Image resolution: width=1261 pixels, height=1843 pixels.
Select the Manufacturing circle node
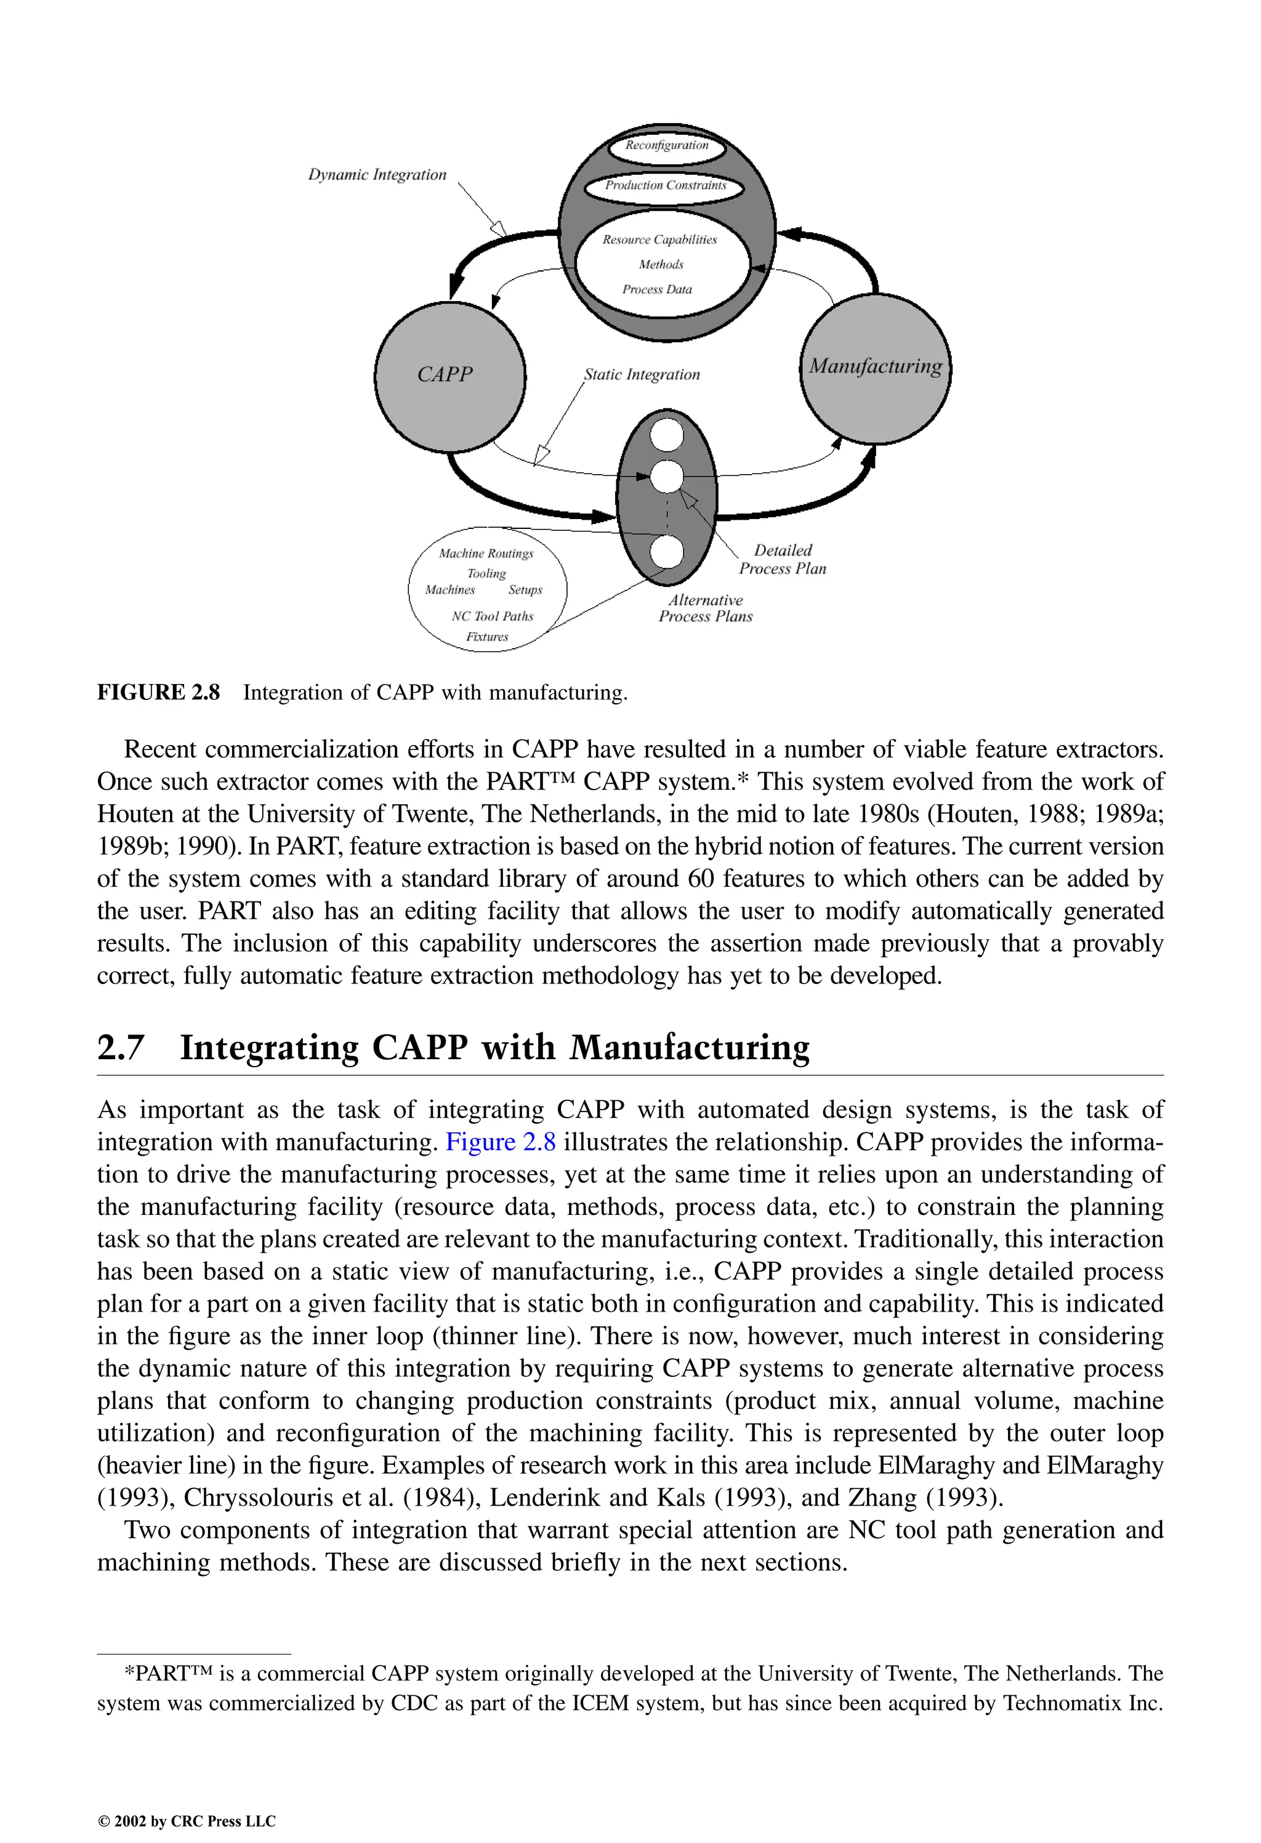click(x=875, y=368)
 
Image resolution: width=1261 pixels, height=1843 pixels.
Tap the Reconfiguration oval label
click(x=666, y=146)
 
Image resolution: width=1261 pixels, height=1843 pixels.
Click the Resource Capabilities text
click(x=659, y=240)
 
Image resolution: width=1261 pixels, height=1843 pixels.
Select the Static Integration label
click(x=642, y=375)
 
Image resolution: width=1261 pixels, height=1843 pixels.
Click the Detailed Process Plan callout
click(x=782, y=560)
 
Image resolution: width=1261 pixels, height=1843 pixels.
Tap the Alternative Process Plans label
click(x=705, y=609)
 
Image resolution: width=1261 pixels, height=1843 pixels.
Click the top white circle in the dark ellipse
click(x=666, y=434)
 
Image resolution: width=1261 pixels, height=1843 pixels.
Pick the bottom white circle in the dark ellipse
click(x=666, y=552)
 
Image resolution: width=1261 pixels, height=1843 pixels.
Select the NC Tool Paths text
click(x=492, y=617)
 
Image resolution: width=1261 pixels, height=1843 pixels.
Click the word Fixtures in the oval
click(x=487, y=637)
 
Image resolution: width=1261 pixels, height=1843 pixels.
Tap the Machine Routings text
click(x=486, y=554)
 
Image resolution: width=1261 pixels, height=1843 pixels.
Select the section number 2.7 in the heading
click(x=121, y=1047)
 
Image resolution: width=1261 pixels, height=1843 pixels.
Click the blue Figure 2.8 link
click(x=501, y=1143)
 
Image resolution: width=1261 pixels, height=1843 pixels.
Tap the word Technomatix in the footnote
click(x=1060, y=1703)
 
